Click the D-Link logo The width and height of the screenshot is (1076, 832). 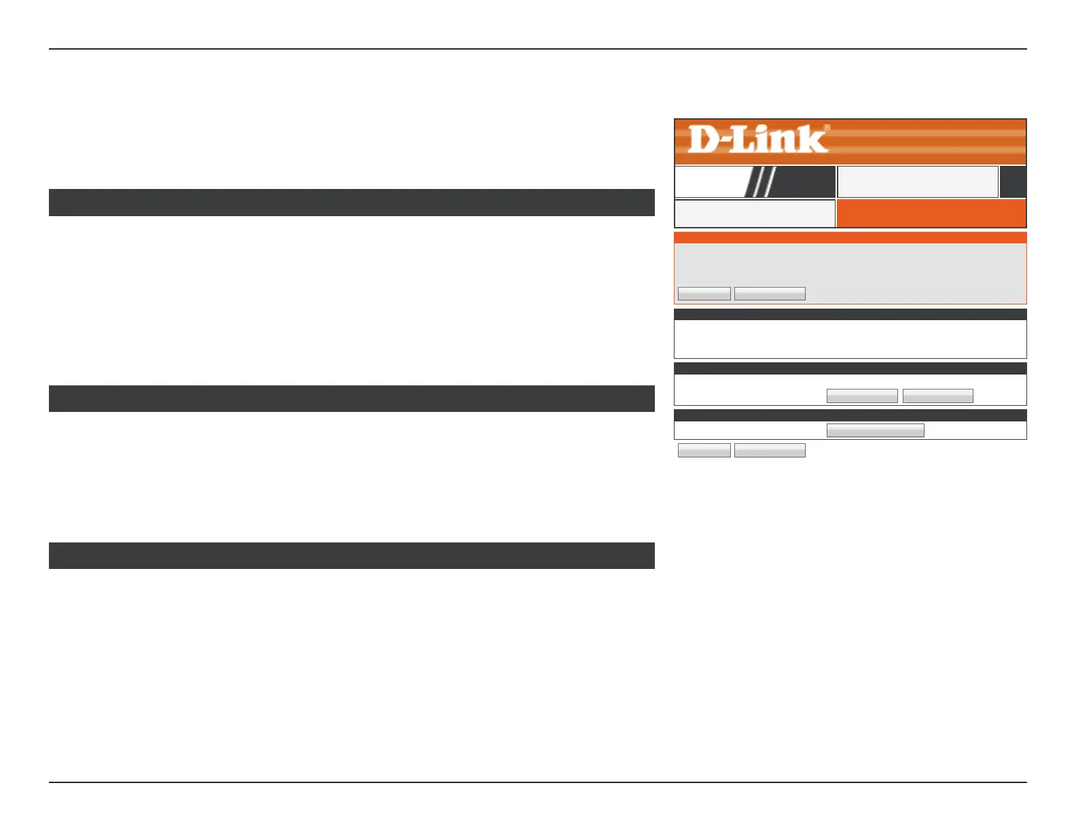tap(758, 140)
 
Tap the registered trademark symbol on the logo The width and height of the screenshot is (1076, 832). tap(827, 127)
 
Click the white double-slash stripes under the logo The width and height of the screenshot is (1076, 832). tap(759, 182)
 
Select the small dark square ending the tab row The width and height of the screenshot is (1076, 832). tap(1013, 182)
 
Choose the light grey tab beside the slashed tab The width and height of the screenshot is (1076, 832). tap(918, 182)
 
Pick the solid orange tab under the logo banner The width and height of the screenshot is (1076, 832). tap(931, 213)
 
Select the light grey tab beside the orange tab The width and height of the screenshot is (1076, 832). tap(755, 213)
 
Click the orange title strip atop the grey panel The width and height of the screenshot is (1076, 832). tap(850, 238)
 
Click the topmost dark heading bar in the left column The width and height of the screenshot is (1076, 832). tap(351, 203)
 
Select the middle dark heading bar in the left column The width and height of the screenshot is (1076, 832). tap(351, 399)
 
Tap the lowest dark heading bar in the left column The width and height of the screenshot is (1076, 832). tap(351, 555)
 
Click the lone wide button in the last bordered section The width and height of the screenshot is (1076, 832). tap(875, 430)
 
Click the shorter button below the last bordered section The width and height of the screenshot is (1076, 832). tap(704, 450)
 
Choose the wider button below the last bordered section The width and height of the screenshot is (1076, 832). tap(770, 450)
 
